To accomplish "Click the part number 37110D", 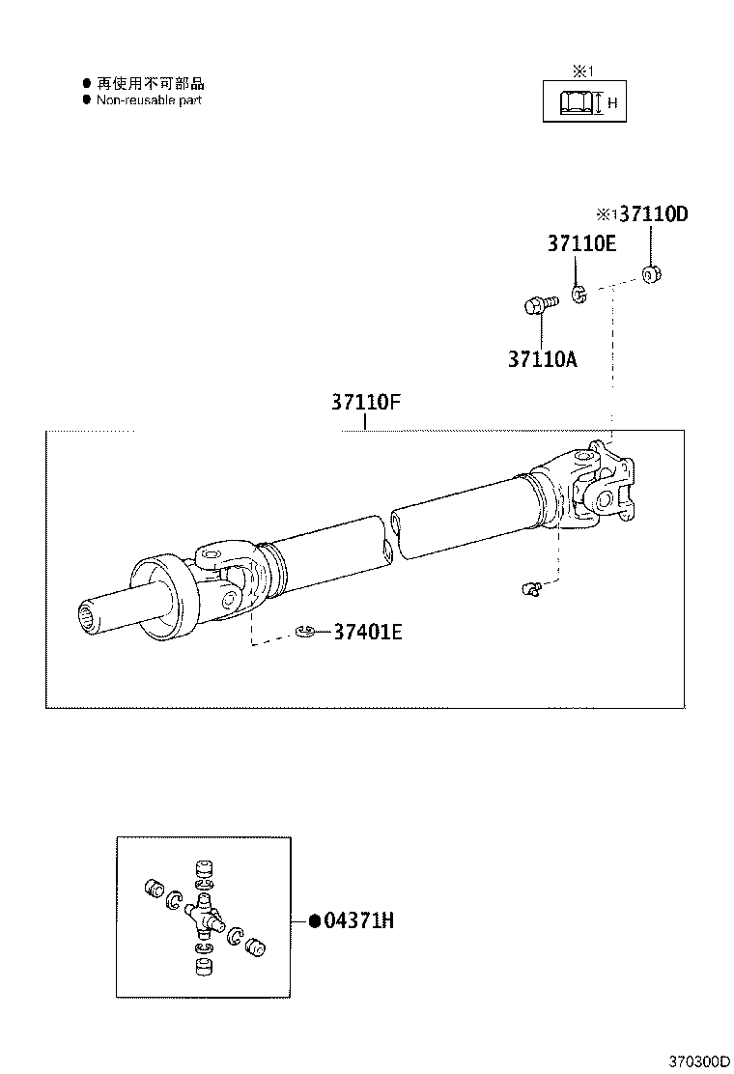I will (653, 214).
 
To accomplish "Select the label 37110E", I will (581, 243).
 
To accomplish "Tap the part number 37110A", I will (542, 359).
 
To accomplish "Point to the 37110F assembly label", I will (366, 402).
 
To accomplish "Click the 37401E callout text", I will (368, 633).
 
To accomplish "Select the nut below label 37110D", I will (652, 276).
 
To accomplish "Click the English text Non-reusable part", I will (149, 100).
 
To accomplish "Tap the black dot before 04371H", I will (314, 921).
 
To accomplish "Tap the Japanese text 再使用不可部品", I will (150, 84).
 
